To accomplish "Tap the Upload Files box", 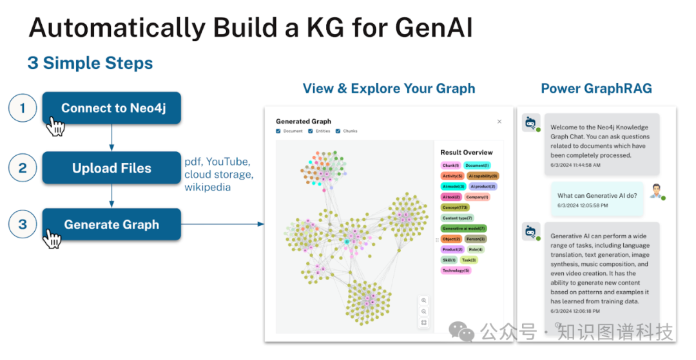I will click(111, 168).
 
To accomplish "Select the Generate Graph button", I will click(111, 225).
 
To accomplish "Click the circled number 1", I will click(23, 108).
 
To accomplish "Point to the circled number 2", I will click(23, 168).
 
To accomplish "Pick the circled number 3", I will click(23, 225).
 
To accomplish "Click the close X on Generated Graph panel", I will click(499, 121).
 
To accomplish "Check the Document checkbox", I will click(278, 131).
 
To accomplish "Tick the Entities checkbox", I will click(311, 131).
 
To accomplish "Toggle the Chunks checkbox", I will click(337, 131).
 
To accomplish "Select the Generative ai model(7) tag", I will click(464, 228).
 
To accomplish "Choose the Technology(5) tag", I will click(456, 270).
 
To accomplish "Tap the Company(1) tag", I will click(478, 197).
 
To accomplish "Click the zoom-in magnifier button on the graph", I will click(423, 301).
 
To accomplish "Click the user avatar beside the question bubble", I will click(656, 191).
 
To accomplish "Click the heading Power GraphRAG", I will click(596, 89).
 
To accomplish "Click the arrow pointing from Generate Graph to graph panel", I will click(222, 224).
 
